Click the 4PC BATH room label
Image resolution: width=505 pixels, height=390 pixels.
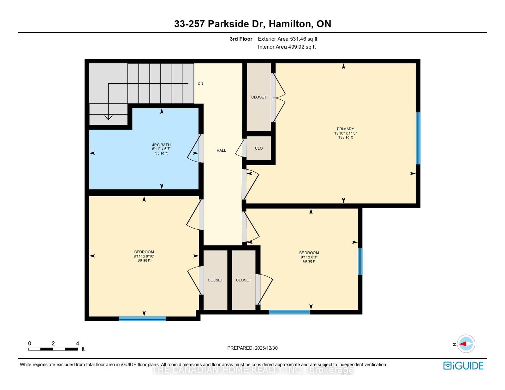(161, 149)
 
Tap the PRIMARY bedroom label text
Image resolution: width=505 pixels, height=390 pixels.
(345, 133)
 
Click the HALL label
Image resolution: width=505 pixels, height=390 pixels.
(221, 151)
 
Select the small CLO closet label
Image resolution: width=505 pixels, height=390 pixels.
(258, 148)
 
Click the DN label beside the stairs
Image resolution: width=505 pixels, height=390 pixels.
(200, 84)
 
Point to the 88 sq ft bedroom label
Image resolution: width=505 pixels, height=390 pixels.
(144, 256)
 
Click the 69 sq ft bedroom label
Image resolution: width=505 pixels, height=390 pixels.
(309, 257)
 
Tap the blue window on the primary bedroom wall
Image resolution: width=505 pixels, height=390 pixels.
(418, 138)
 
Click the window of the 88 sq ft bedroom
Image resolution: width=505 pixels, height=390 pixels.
(142, 319)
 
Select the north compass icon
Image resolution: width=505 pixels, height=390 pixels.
(466, 344)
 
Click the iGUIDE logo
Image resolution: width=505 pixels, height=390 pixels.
(463, 366)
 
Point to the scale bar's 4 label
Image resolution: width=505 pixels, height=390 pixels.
(77, 344)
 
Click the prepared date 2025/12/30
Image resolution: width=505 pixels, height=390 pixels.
(252, 348)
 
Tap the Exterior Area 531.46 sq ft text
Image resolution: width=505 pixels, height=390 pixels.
(287, 39)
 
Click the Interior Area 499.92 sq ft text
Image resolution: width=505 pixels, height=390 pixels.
(287, 47)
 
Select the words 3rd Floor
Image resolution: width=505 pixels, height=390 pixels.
(241, 39)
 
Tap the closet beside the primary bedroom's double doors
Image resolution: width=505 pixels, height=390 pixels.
(258, 97)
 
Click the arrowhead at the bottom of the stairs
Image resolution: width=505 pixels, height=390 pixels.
(108, 118)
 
